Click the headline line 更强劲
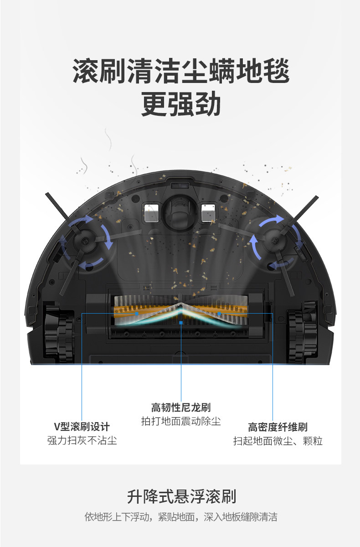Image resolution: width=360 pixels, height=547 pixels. [x=181, y=104]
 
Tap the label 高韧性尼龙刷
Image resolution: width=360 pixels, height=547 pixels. [x=181, y=407]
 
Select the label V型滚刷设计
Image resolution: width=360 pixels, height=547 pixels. [x=82, y=427]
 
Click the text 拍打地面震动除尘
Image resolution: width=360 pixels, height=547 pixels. [x=181, y=421]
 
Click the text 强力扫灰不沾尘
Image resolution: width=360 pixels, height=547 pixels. [x=82, y=441]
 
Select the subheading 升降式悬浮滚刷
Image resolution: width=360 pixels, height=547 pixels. [x=181, y=496]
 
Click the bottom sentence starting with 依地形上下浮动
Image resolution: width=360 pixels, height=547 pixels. [x=181, y=517]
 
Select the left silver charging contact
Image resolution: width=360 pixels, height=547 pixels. [x=151, y=212]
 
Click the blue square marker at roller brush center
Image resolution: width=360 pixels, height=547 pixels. [x=181, y=322]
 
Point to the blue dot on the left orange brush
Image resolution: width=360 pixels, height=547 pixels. [x=137, y=313]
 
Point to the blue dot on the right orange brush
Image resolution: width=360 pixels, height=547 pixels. [x=220, y=313]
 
